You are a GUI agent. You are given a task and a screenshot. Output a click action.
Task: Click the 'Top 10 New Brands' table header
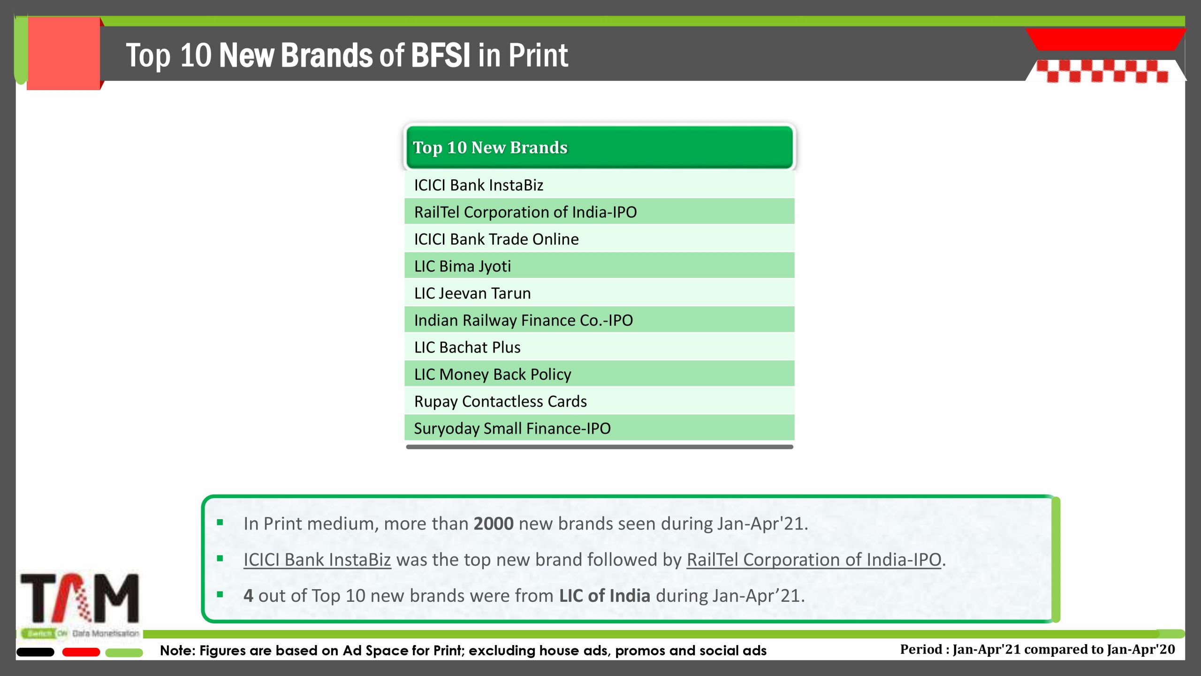coord(599,147)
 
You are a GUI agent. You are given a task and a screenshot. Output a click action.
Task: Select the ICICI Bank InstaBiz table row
coord(599,184)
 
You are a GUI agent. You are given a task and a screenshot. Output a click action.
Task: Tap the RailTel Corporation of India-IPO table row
coord(599,211)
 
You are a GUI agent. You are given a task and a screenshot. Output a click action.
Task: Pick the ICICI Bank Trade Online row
coord(599,238)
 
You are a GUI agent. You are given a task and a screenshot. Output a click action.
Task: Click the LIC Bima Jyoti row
coord(599,266)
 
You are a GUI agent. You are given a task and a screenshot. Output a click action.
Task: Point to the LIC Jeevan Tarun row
coord(599,292)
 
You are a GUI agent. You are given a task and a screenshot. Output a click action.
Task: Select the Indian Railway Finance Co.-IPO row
coord(599,320)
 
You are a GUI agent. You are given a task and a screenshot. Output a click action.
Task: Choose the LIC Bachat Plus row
coord(599,347)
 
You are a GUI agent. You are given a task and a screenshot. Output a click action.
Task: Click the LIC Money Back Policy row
coord(599,374)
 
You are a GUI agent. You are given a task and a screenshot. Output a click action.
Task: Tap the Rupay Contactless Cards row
coord(599,401)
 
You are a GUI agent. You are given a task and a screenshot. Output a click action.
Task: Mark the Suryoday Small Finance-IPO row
coord(599,428)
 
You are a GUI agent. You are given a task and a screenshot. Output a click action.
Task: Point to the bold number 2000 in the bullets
coord(494,523)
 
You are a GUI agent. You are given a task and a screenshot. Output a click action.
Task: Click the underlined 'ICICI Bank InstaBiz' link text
coord(317,560)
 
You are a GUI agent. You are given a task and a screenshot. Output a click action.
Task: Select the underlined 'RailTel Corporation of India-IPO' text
coord(814,560)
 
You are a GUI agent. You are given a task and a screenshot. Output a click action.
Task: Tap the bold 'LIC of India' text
coord(605,596)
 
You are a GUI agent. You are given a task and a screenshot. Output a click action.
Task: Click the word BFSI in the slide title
coord(441,55)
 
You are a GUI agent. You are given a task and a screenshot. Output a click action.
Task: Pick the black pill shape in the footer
coord(35,652)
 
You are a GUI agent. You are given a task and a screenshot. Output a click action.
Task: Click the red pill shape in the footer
coord(81,652)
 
